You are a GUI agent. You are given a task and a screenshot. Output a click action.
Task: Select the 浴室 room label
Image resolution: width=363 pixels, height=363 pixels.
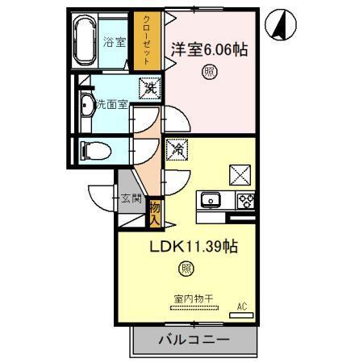[115, 42]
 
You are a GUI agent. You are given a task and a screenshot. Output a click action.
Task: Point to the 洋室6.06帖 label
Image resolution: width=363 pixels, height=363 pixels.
[209, 50]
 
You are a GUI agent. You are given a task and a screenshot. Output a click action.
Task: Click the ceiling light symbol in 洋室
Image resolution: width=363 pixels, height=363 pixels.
[208, 72]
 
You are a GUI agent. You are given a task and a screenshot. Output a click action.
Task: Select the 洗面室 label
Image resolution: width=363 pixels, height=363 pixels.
[110, 103]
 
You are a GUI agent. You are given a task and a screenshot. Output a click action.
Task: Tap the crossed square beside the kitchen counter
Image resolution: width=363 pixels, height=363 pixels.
[240, 173]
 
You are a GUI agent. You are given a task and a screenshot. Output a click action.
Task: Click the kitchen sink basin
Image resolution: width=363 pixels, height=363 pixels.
[213, 199]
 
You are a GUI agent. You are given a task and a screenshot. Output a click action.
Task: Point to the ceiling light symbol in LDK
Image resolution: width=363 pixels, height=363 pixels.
[186, 269]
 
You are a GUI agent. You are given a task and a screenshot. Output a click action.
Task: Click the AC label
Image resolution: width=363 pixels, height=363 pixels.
[240, 305]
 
